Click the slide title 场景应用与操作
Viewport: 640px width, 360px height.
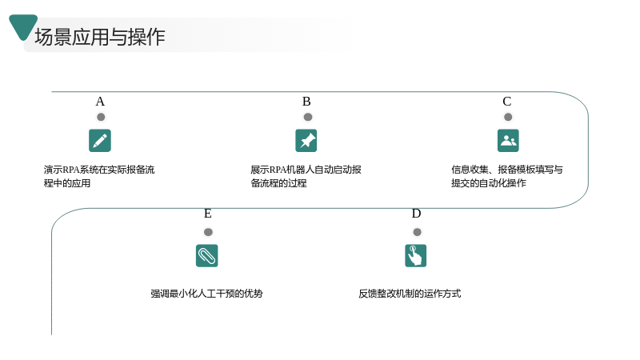pyautogui.click(x=100, y=37)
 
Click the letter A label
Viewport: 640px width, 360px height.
pyautogui.click(x=100, y=102)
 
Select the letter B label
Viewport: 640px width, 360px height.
pyautogui.click(x=306, y=102)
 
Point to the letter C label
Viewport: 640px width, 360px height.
pyautogui.click(x=507, y=102)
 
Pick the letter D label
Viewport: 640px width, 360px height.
pyautogui.click(x=416, y=214)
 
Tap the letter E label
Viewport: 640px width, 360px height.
pyautogui.click(x=208, y=214)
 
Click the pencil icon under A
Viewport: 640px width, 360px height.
pyautogui.click(x=100, y=141)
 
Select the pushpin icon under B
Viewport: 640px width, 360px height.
pyautogui.click(x=306, y=141)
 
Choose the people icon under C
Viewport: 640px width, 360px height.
pyautogui.click(x=508, y=141)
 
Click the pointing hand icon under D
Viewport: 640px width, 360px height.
pyautogui.click(x=415, y=255)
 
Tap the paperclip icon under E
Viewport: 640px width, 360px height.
pyautogui.click(x=207, y=255)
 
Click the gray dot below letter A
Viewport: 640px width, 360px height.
pyautogui.click(x=101, y=117)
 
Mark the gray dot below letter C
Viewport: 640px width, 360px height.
pyautogui.click(x=508, y=117)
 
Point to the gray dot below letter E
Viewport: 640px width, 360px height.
pyautogui.click(x=208, y=232)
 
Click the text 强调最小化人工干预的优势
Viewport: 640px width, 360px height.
pyautogui.click(x=207, y=294)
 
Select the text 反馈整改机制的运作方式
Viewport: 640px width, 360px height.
pyautogui.click(x=410, y=294)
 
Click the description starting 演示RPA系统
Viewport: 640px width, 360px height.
pyautogui.click(x=99, y=176)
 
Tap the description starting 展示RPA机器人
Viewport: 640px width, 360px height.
pyautogui.click(x=306, y=176)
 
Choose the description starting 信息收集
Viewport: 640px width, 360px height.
pyautogui.click(x=507, y=176)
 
